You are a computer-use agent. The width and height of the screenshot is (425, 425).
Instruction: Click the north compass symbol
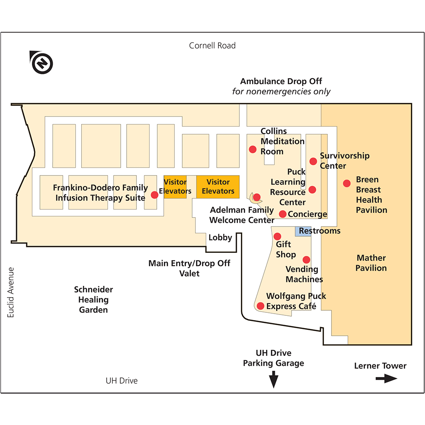42,63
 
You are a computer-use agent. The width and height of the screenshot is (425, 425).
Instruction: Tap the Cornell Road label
212,45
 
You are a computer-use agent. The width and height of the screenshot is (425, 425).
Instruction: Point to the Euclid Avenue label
11,292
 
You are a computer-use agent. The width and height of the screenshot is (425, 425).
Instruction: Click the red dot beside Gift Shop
277,236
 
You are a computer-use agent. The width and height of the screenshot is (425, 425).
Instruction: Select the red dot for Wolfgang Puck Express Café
260,306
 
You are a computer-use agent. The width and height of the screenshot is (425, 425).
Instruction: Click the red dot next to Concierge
283,214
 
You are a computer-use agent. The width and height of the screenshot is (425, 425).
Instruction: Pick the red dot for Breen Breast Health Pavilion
347,183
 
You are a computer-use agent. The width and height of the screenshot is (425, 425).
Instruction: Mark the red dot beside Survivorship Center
313,161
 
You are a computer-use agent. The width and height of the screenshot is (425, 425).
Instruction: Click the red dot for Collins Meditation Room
252,149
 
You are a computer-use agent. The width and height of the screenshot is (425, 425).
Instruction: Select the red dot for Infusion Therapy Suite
155,195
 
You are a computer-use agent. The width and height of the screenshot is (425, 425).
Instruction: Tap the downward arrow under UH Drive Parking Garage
274,379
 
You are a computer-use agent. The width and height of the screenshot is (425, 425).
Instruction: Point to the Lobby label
220,238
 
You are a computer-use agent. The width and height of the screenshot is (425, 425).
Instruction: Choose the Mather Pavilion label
371,263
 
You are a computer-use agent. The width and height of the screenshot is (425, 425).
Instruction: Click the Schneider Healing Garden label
93,300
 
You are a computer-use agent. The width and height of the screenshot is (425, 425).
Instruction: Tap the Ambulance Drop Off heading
281,81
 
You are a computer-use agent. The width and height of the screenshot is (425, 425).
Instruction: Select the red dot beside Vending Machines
306,260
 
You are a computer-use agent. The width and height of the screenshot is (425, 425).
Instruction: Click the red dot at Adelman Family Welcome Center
257,197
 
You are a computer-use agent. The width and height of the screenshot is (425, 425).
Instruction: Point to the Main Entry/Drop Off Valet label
189,268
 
